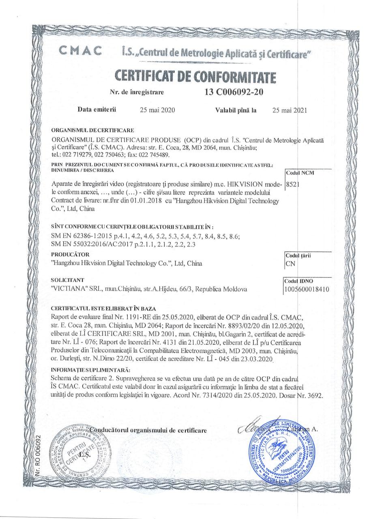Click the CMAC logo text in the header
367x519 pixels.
pyautogui.click(x=80, y=51)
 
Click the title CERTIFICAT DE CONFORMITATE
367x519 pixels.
pyautogui.click(x=195, y=76)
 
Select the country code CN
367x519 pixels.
pyautogui.click(x=290, y=264)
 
